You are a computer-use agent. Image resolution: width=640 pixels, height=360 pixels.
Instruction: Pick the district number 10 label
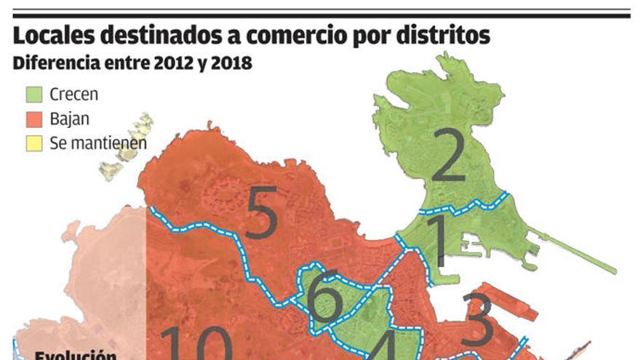[x=196, y=344]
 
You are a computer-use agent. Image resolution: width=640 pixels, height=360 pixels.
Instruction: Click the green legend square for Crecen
[x=33, y=95]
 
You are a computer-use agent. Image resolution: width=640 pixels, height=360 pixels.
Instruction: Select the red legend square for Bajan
[x=33, y=119]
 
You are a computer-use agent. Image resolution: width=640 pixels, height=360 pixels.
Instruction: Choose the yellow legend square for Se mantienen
[x=33, y=143]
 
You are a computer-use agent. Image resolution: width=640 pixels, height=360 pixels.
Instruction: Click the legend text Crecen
[x=74, y=95]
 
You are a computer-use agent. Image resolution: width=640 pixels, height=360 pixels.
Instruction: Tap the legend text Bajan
[x=70, y=119]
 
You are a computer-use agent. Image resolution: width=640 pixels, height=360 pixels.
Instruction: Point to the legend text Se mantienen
[x=99, y=143]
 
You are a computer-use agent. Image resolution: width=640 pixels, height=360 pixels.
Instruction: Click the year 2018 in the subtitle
[x=228, y=63]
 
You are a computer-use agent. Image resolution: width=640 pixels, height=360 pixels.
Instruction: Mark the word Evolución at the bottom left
[x=76, y=356]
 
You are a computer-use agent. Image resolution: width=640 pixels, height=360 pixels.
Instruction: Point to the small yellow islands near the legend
[x=128, y=145]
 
